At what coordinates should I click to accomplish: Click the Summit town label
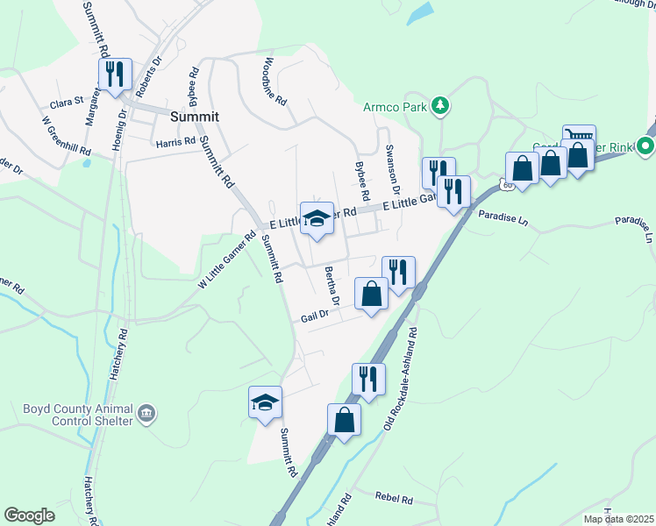[x=194, y=116]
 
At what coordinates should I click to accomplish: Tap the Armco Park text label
[x=395, y=107]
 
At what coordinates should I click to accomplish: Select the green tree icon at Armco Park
[x=441, y=106]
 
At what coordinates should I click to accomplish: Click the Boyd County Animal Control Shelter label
[x=67, y=414]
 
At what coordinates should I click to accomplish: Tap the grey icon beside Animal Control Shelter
[x=146, y=411]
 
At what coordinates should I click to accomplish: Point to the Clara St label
[x=66, y=103]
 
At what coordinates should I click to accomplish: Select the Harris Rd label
[x=175, y=141]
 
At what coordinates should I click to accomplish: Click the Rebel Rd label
[x=394, y=498]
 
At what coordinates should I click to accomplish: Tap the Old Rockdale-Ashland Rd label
[x=403, y=379]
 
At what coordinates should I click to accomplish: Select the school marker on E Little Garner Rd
[x=317, y=219]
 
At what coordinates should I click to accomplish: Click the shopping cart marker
[x=579, y=138]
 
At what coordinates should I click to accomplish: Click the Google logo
[x=29, y=515]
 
